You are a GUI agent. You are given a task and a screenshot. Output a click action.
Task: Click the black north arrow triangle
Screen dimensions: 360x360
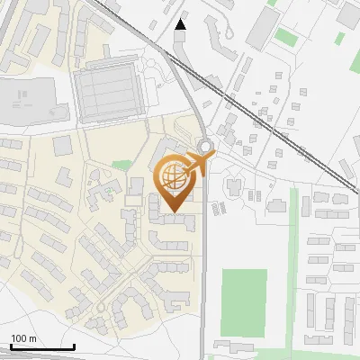tap(181, 24)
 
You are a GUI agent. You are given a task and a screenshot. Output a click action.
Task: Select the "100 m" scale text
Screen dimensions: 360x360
tap(23, 338)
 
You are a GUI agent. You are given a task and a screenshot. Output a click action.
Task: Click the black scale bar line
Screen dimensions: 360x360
tap(41, 346)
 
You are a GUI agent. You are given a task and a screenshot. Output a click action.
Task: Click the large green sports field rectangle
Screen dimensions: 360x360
tap(243, 302)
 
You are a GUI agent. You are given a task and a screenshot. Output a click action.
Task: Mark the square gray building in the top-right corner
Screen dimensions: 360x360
tap(348, 13)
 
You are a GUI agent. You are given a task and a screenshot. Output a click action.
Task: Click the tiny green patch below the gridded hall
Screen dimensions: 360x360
tap(122, 164)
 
